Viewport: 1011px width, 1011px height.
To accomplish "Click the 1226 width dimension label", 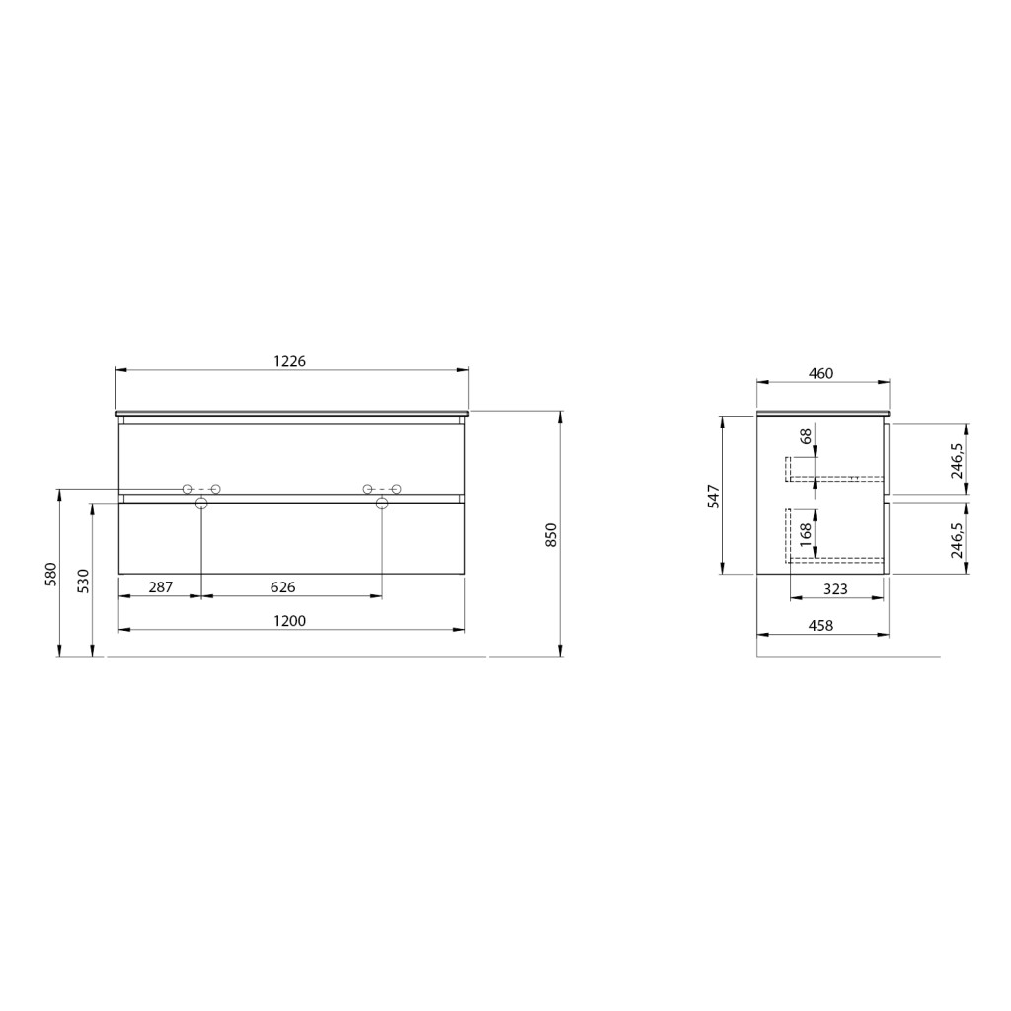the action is [x=289, y=361].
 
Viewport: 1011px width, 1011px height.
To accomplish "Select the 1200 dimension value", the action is [x=289, y=621].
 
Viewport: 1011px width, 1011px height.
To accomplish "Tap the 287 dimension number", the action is [x=161, y=587].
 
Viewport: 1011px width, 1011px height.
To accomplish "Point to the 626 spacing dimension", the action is [x=282, y=587].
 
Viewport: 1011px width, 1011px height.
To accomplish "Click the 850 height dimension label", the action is [x=550, y=535].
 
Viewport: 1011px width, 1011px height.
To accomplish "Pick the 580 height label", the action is [x=51, y=574].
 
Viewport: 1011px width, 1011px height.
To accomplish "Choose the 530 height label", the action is [x=83, y=581].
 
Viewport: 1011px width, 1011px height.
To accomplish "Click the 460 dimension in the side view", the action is [x=820, y=373].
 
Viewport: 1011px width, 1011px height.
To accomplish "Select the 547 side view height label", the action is [x=714, y=496].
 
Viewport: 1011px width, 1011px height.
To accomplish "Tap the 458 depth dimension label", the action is [x=820, y=625].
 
